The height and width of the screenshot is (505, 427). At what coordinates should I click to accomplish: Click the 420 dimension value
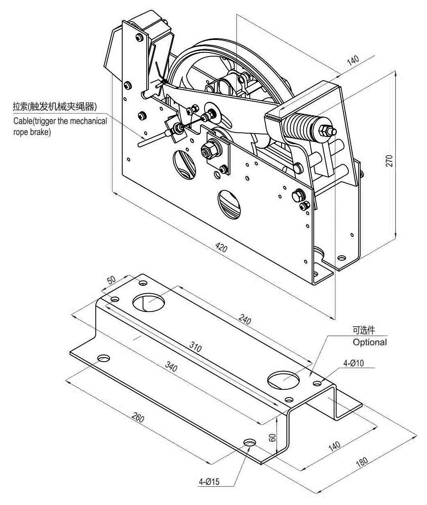click(222, 247)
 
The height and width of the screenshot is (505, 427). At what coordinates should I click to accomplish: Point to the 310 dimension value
click(196, 347)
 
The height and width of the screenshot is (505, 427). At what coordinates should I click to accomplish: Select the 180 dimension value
click(361, 461)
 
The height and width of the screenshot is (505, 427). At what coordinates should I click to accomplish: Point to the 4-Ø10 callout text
click(353, 363)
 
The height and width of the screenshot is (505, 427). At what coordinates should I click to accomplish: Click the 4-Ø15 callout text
click(209, 482)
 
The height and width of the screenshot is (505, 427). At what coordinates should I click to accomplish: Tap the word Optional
click(370, 342)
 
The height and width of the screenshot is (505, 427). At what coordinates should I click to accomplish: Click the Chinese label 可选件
click(363, 330)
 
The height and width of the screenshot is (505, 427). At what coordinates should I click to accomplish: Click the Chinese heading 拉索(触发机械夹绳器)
click(54, 107)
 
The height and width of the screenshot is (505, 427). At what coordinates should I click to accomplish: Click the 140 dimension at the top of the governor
click(353, 60)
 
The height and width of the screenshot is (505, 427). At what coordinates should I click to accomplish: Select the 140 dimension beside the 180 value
click(334, 446)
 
